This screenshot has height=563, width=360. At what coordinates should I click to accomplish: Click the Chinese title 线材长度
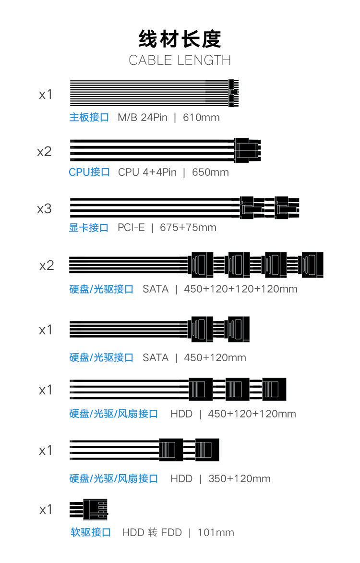[180, 39]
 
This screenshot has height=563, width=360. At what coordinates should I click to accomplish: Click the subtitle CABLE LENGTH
[180, 61]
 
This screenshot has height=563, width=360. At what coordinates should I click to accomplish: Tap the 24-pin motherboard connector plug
[234, 92]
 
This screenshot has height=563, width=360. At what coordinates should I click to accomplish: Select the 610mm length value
[201, 117]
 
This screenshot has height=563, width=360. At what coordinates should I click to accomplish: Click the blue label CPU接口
[89, 172]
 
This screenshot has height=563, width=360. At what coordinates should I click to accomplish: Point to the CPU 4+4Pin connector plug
[248, 150]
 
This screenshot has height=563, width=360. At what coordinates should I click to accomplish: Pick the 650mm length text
[210, 172]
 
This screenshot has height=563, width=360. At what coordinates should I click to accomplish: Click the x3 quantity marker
[44, 209]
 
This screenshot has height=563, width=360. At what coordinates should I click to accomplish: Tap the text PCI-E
[131, 227]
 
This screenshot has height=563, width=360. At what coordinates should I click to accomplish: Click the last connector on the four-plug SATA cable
[312, 265]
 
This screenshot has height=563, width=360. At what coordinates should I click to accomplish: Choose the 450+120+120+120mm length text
[240, 289]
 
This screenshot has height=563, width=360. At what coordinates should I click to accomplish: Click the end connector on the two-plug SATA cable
[239, 329]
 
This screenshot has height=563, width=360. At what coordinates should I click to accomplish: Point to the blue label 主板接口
[89, 117]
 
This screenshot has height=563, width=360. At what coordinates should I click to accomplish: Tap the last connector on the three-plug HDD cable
[275, 389]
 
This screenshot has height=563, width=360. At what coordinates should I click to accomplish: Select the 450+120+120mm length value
[252, 414]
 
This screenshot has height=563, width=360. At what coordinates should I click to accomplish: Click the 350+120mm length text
[240, 478]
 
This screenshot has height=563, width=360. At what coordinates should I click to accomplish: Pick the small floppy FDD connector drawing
[95, 510]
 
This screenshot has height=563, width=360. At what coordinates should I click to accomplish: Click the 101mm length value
[216, 532]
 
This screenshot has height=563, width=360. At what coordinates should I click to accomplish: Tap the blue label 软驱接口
[91, 532]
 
